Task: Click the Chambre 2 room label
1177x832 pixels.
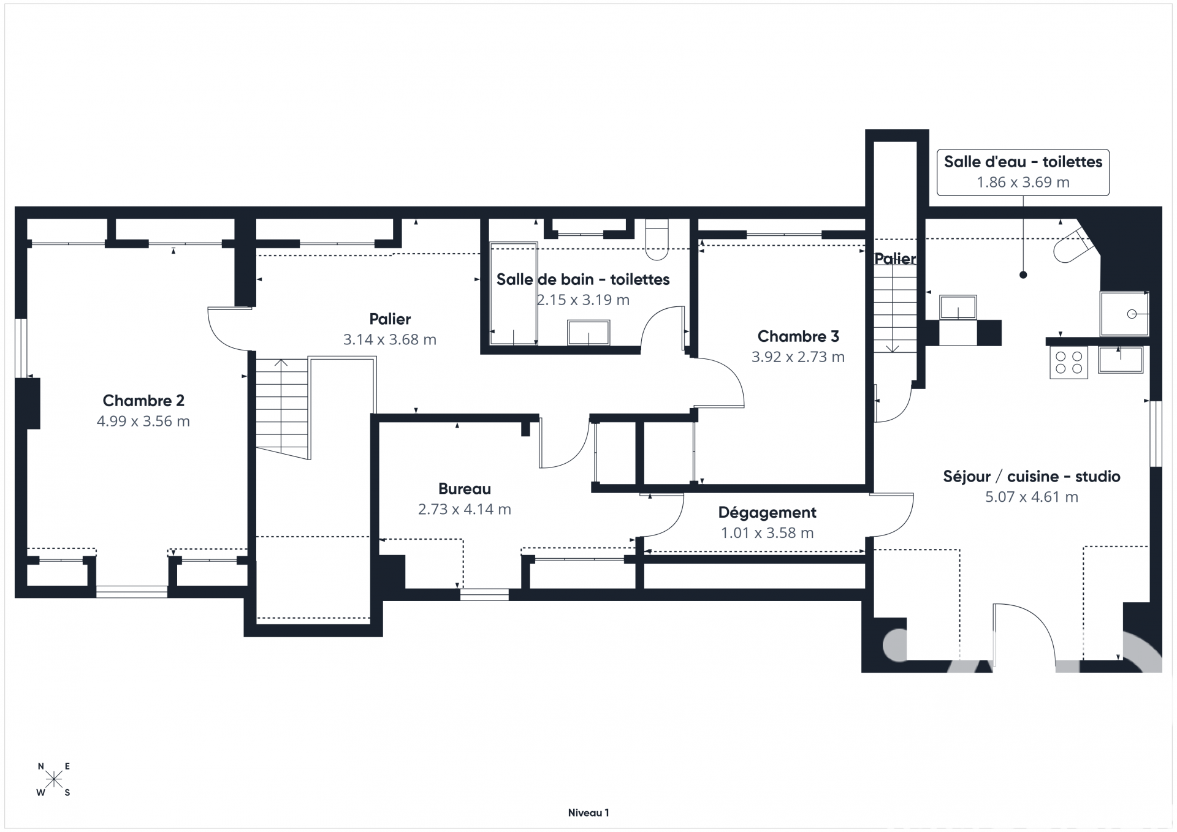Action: coord(143,401)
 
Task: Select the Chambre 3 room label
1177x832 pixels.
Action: coord(798,336)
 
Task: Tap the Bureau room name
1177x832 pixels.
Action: coord(465,489)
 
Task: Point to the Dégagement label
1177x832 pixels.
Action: coord(767,513)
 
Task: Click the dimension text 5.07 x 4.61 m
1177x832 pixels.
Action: coord(1032,497)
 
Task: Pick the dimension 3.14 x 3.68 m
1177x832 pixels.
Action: coord(390,339)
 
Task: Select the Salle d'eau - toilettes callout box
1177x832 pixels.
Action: coord(1023,172)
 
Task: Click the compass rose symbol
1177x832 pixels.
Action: coord(54,779)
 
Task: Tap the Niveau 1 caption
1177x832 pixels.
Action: coord(588,813)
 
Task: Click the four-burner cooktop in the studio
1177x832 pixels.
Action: coord(1068,362)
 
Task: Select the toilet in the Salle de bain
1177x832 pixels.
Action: coord(657,240)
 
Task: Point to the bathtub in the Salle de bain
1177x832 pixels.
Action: coord(513,294)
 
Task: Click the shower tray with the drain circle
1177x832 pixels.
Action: coord(1124,314)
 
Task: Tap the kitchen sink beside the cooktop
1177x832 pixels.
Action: coord(1121,360)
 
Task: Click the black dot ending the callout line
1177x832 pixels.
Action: coord(1023,275)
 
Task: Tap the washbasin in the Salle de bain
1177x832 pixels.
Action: coord(588,333)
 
